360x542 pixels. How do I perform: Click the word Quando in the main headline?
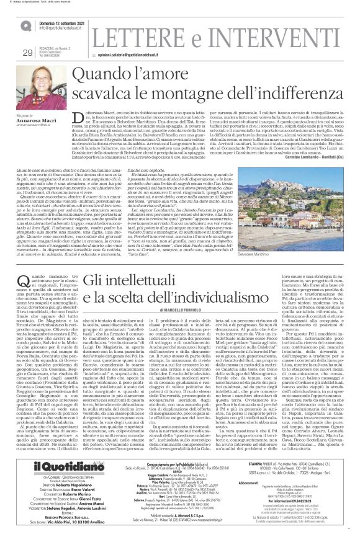(x=125, y=76)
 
